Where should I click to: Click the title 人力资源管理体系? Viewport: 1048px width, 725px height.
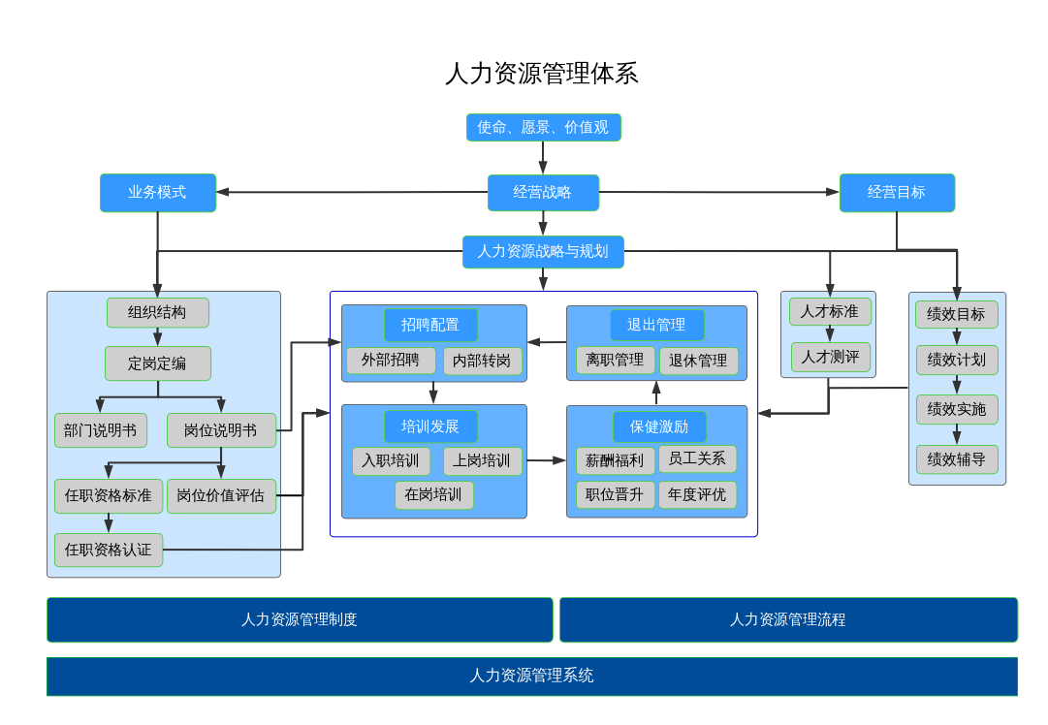(541, 74)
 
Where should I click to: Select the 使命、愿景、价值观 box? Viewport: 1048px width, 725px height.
(543, 127)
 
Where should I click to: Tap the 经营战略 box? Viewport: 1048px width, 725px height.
(543, 192)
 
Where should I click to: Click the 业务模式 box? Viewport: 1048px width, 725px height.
(157, 192)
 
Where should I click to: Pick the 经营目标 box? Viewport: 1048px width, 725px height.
(897, 192)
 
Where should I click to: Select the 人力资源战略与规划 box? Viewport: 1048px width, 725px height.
(543, 251)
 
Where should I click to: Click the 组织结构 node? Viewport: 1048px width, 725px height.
(157, 312)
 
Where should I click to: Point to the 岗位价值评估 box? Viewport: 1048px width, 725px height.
(221, 495)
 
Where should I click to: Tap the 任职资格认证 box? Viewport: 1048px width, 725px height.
(109, 550)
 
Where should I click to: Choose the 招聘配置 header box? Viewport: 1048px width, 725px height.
(430, 325)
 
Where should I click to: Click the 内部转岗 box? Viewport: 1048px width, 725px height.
(483, 361)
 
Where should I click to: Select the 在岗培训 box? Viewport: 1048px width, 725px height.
(433, 494)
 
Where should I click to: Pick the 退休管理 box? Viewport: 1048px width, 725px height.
(698, 361)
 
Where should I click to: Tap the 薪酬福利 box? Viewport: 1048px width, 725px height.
(615, 460)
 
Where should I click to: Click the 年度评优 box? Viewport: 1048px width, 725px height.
(697, 494)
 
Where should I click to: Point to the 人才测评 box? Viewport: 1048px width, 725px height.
(830, 357)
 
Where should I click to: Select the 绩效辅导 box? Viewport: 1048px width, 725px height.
(956, 459)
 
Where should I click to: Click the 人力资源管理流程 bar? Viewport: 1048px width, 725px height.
(788, 619)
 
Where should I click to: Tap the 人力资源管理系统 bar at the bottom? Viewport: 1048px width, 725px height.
(531, 676)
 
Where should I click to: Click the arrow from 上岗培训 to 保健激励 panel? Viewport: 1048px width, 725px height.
(545, 460)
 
